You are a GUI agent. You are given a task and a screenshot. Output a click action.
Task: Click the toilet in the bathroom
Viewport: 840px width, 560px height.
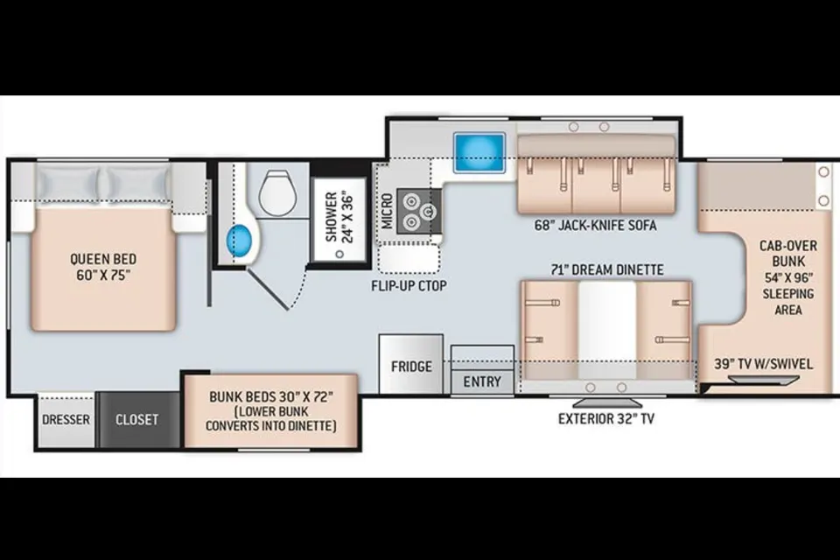tap(277, 192)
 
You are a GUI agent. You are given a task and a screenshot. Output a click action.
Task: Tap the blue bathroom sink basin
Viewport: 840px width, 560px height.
tap(240, 241)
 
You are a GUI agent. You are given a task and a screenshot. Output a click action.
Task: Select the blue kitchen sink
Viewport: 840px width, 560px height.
tap(479, 152)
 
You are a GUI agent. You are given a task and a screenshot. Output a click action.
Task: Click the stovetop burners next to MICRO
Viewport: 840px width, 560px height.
tap(419, 211)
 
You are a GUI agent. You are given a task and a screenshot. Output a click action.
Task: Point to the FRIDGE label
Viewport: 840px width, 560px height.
tap(411, 367)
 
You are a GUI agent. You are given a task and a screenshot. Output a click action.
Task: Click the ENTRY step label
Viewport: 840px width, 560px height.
tap(482, 381)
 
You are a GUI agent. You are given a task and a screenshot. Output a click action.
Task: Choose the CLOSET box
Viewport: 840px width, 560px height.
tap(137, 420)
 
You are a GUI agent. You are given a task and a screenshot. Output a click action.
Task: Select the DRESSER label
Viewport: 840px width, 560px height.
tap(66, 419)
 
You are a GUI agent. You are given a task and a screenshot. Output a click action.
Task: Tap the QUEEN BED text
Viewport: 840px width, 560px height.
tap(103, 259)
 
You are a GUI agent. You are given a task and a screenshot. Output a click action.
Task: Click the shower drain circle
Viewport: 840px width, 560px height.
tap(339, 254)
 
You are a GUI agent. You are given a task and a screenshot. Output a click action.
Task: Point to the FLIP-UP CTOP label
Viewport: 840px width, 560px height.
tap(409, 285)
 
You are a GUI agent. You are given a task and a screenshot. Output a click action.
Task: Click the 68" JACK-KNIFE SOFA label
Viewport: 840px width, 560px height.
tap(595, 225)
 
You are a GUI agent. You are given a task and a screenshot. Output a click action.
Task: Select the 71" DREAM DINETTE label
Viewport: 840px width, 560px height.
tap(607, 269)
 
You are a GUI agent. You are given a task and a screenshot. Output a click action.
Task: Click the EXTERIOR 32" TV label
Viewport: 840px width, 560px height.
tap(606, 418)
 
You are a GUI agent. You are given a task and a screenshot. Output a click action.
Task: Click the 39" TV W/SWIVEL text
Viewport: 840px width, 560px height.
tap(763, 364)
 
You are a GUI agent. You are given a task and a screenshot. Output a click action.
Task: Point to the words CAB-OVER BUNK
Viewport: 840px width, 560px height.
tap(788, 254)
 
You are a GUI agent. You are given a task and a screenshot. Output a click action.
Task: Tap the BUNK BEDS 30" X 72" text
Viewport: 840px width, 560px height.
tap(271, 397)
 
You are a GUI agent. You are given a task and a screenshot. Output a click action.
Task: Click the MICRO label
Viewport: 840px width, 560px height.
tap(387, 211)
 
